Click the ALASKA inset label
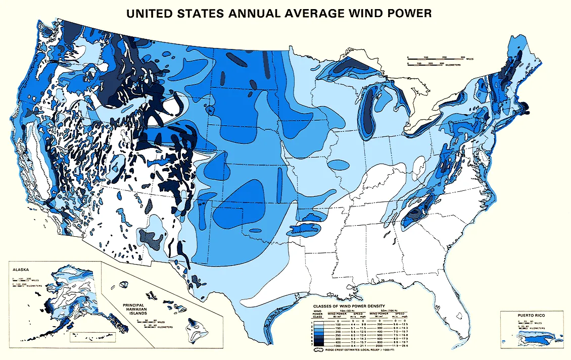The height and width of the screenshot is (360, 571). point(21,270)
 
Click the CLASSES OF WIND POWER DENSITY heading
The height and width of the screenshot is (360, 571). point(349,306)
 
